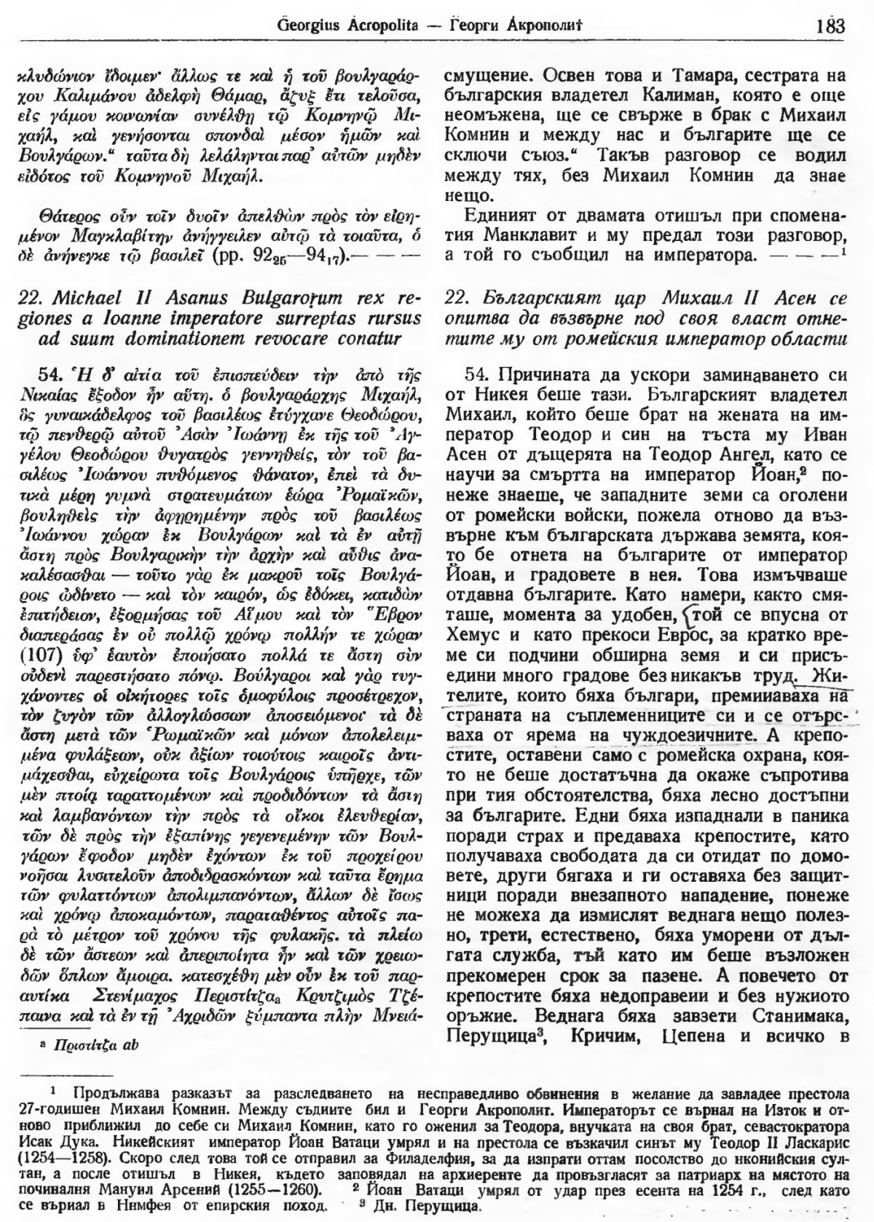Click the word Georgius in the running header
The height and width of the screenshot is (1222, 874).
tap(307, 28)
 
